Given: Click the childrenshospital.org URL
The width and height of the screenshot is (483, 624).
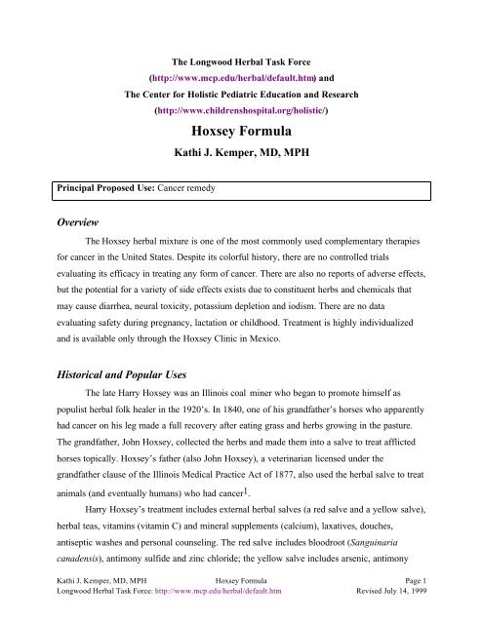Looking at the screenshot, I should (241, 111).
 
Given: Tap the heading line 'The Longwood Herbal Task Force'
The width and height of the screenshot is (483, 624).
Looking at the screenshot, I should (241, 56).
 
